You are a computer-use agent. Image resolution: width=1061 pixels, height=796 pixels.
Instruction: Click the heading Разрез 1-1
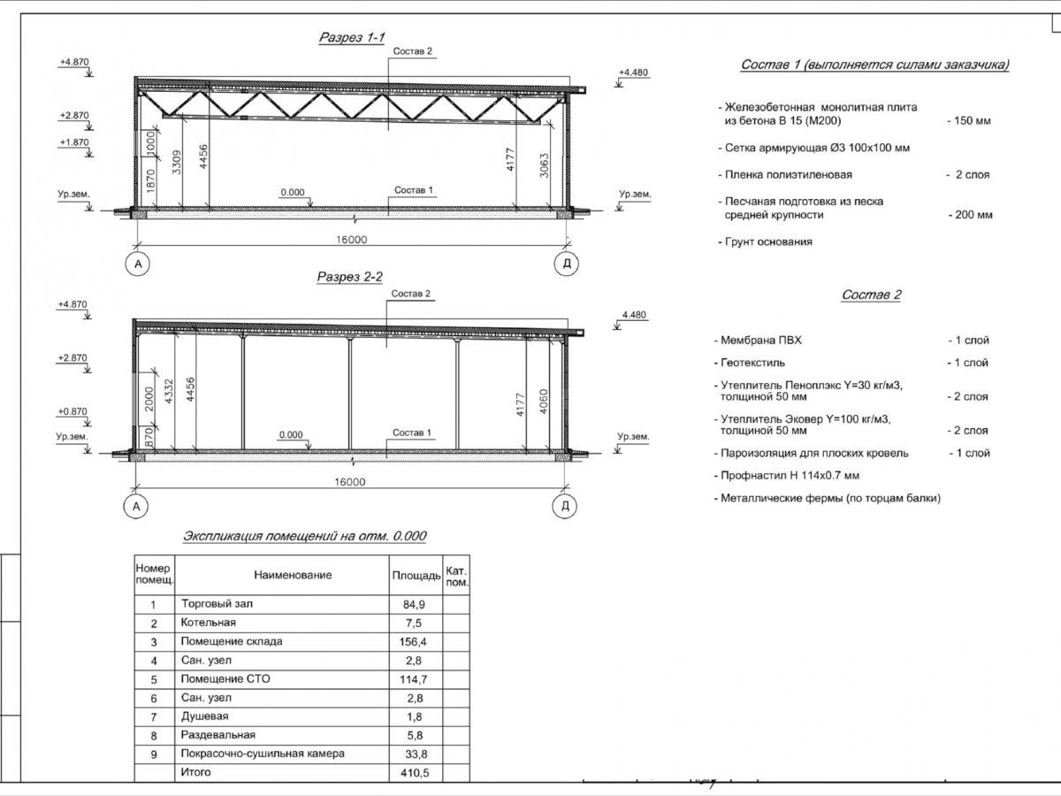click(349, 39)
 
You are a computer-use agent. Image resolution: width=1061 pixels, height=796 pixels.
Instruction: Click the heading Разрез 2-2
click(350, 278)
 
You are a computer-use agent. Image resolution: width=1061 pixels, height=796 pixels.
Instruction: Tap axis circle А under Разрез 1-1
click(137, 263)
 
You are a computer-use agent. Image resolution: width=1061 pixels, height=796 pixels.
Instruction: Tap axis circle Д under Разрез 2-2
click(565, 506)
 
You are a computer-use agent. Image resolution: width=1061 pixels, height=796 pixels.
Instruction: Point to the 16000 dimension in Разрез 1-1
click(351, 240)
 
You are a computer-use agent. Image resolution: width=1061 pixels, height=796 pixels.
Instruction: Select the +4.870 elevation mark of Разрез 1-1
click(73, 63)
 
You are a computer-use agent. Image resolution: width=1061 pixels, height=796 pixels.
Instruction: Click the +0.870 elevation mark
click(73, 411)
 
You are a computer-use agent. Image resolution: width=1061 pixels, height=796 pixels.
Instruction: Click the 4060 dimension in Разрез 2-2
click(544, 402)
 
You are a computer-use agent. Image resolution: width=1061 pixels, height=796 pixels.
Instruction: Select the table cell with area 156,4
click(415, 641)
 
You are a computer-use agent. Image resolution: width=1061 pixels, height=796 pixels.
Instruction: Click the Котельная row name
click(209, 623)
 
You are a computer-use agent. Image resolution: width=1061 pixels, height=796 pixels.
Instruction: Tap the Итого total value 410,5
click(415, 773)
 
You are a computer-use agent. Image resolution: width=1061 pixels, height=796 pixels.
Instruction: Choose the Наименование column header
click(293, 575)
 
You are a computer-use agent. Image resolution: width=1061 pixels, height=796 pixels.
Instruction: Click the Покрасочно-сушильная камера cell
click(262, 754)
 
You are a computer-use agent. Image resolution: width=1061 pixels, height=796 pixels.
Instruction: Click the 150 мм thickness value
click(969, 120)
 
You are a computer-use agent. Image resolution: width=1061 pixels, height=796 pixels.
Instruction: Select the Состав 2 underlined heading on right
click(871, 295)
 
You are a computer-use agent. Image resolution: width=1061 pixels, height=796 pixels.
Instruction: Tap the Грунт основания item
click(767, 241)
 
